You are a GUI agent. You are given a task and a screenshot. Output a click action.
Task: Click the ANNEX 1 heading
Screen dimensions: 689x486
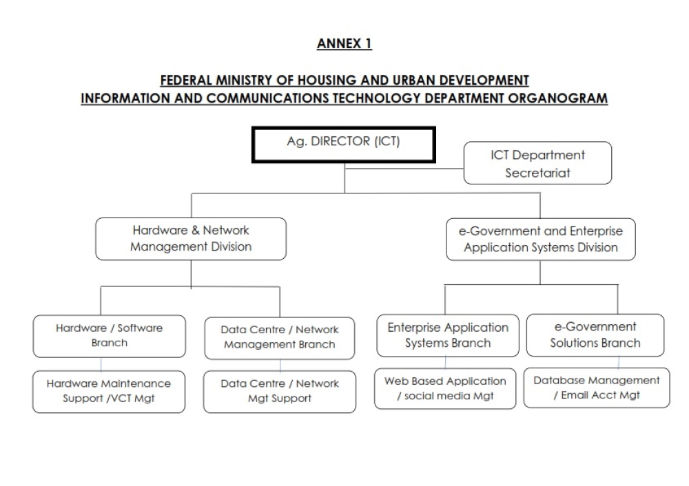344,43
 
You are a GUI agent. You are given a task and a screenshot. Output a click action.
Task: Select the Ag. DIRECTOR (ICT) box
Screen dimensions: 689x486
344,145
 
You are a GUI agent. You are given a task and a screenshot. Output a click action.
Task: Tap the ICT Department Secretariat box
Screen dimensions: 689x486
537,163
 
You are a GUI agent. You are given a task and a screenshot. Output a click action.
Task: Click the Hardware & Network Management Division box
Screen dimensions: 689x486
191,239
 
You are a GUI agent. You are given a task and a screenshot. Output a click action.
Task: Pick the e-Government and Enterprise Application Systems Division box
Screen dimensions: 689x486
540,240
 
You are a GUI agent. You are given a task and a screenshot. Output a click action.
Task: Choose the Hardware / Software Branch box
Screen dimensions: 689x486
109,336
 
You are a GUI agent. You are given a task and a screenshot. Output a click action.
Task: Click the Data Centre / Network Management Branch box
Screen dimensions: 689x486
280,338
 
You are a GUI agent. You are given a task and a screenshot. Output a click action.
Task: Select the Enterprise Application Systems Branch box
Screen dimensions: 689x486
448,335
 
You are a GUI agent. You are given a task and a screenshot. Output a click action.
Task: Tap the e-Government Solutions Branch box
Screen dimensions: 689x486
595,335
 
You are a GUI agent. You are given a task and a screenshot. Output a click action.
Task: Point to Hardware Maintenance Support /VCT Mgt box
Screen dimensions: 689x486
109,392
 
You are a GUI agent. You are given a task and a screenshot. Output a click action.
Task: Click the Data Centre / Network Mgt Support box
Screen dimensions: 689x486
280,392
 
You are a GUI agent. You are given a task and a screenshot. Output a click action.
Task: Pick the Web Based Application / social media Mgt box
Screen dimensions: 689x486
445,388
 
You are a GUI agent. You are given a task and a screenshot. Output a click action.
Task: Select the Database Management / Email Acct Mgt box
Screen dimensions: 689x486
597,388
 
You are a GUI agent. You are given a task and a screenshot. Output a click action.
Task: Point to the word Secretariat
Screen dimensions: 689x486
537,173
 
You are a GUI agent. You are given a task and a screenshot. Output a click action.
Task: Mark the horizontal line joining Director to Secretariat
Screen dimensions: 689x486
404,168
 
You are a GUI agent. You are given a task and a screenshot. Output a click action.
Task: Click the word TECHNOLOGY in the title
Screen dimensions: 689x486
377,98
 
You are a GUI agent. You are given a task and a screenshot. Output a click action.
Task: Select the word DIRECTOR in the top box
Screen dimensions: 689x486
340,141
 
